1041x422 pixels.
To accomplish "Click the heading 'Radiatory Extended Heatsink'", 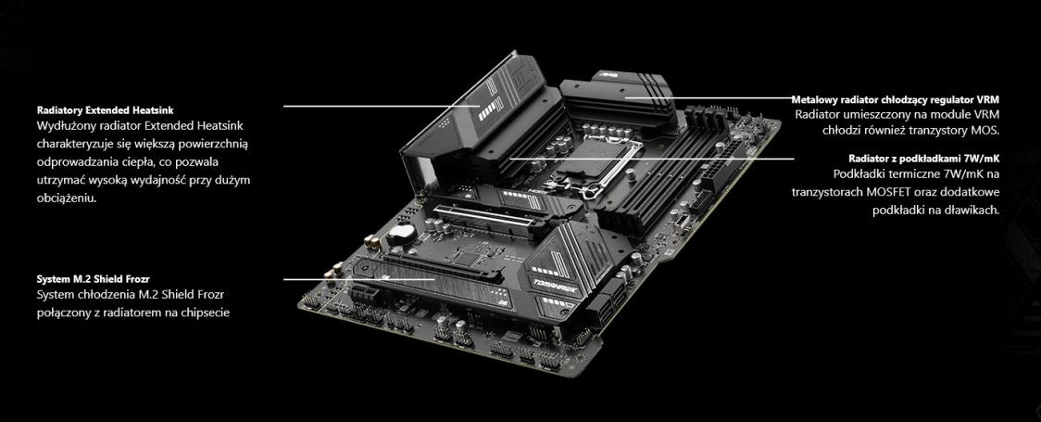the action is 105,109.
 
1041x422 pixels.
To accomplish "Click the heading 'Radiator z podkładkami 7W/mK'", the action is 924,159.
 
